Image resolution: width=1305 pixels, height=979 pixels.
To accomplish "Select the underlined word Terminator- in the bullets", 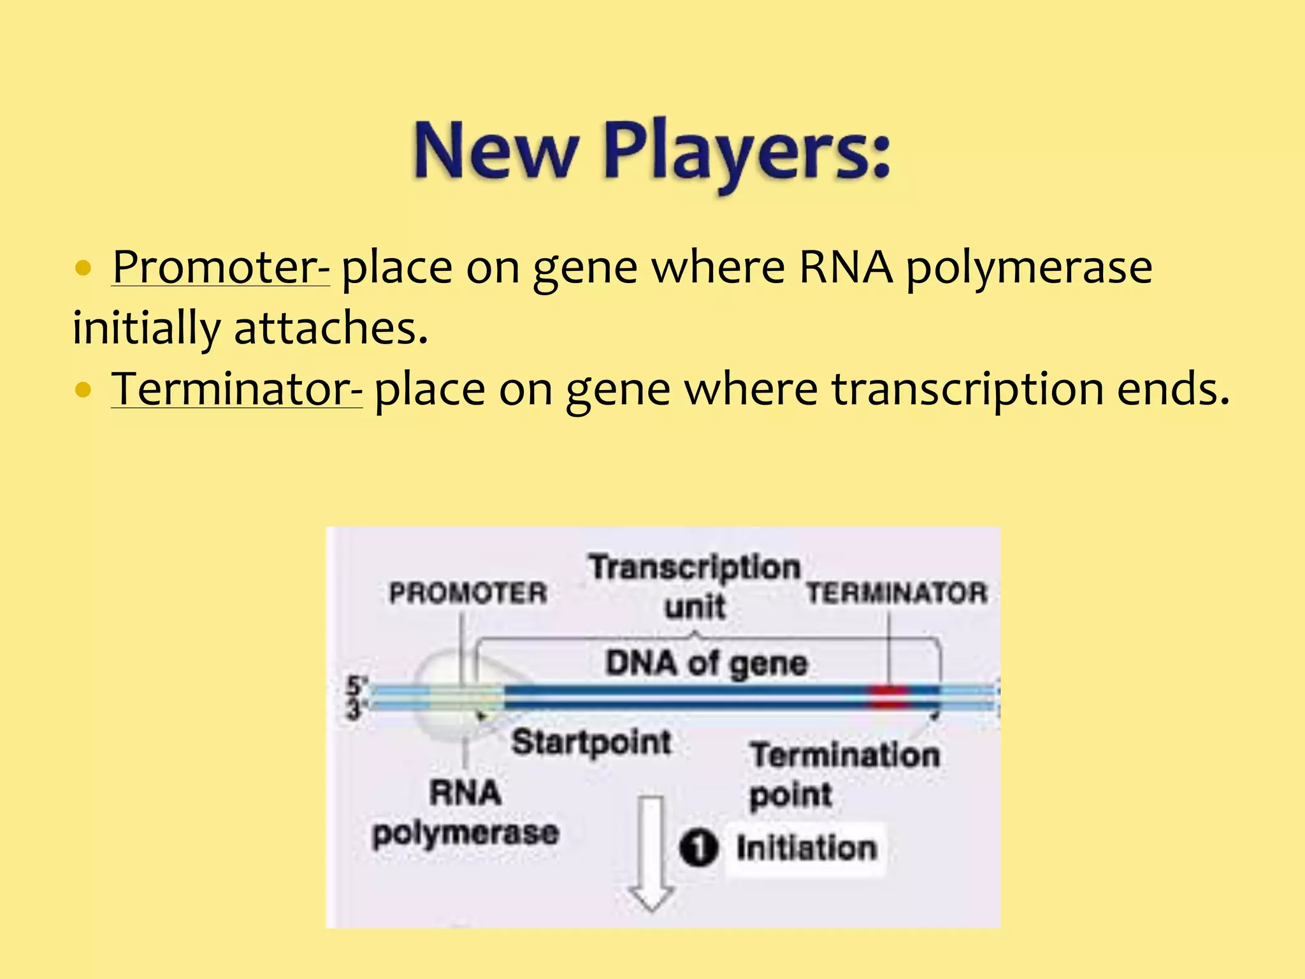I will coord(237,388).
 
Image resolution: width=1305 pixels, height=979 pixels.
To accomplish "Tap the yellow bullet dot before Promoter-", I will coord(83,268).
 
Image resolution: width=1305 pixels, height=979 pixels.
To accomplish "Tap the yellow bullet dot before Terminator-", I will coord(83,389).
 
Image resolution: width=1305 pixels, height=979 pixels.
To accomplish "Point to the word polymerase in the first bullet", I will coord(1028,268).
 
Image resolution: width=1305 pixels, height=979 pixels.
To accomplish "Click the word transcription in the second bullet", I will coord(967,389).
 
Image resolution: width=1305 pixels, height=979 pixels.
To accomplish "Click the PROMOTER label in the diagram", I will coord(468,593).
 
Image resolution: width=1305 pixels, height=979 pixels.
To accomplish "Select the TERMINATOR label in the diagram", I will coord(897,593).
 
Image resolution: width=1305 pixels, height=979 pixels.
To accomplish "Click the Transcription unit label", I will coord(695,586).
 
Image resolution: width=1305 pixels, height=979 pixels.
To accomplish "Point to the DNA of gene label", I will coord(706,663).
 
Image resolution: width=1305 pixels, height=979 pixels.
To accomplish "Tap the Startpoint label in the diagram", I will coord(591,743).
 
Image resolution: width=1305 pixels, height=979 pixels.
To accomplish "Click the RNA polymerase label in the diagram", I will coord(466,813).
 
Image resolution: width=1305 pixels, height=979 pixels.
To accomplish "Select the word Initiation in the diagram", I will coord(807,848).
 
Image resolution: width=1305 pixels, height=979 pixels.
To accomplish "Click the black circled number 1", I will coord(698,848).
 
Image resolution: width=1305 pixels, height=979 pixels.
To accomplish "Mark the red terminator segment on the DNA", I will coord(889,697).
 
